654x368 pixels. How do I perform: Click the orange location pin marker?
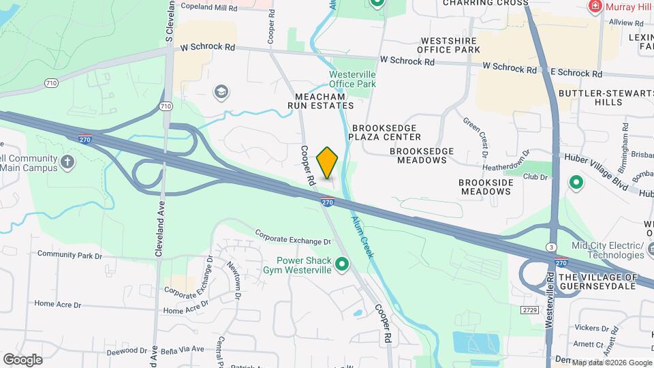(x=328, y=163)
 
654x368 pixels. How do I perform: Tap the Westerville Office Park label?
(x=352, y=78)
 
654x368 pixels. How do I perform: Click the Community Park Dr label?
(x=69, y=254)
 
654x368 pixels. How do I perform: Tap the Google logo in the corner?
(x=22, y=359)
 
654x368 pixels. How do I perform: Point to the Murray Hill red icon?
(x=595, y=6)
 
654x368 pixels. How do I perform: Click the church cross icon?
(x=67, y=162)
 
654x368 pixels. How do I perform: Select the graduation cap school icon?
(x=220, y=91)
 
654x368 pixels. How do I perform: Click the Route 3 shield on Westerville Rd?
(x=550, y=245)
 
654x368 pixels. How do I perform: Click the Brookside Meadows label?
(x=484, y=187)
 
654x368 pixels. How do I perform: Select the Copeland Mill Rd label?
(x=208, y=6)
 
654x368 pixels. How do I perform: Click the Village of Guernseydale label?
(x=597, y=281)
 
